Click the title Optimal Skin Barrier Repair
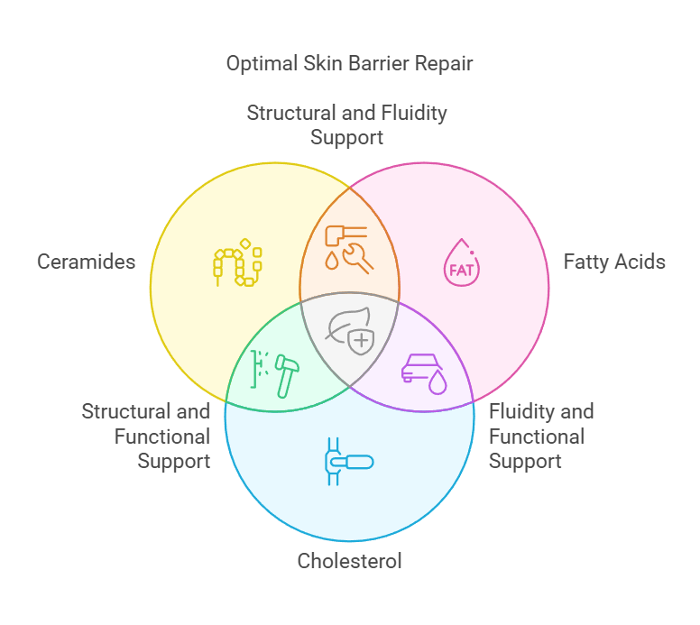349,64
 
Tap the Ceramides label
87,262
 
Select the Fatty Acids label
614,262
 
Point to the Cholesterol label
349,561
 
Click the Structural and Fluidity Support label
347,125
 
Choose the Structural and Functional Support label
146,437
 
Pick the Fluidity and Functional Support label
541,437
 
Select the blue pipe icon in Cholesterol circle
347,462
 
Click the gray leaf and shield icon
350,331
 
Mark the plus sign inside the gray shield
361,340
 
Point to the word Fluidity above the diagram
410,114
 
